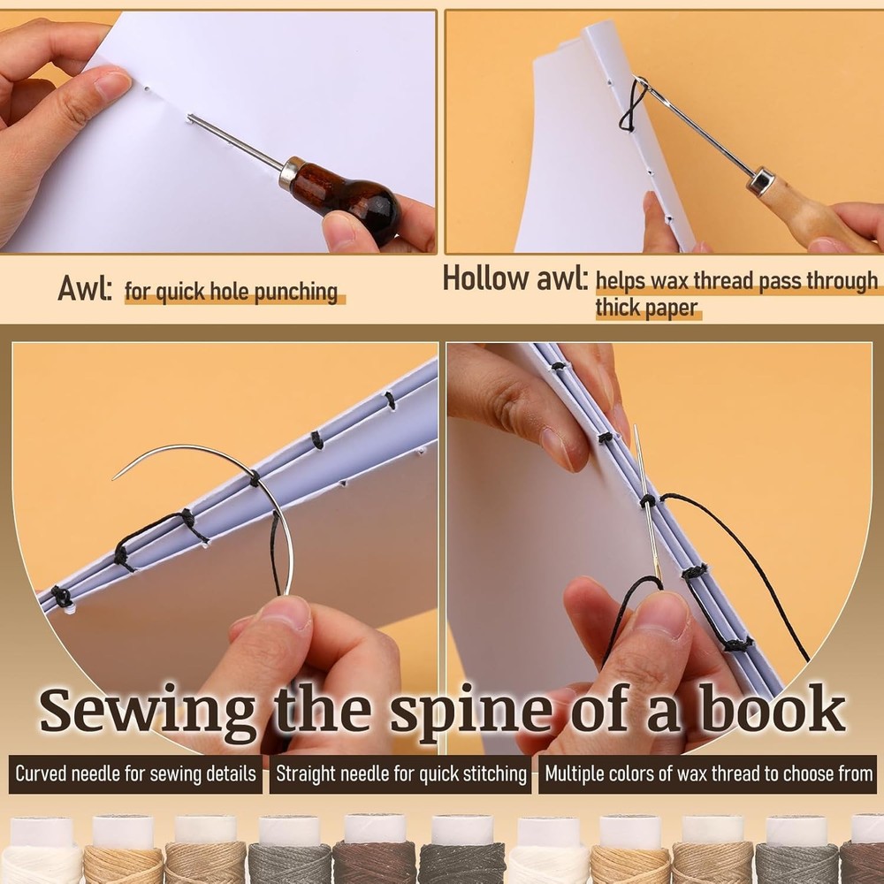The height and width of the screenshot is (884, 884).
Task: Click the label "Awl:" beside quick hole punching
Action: coord(85,289)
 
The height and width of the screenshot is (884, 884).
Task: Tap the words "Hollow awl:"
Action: coord(514,279)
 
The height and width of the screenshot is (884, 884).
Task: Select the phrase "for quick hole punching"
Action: coord(232,291)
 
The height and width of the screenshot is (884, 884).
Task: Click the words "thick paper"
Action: coord(646,309)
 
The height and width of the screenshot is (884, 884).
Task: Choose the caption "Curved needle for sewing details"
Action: coord(136,774)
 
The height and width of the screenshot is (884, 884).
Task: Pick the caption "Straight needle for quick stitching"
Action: coord(400,774)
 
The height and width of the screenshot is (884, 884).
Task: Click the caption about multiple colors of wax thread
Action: coord(707,774)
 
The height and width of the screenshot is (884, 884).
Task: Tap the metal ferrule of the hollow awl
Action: coord(759,182)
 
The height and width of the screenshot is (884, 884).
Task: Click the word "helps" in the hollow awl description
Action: coord(623,281)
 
